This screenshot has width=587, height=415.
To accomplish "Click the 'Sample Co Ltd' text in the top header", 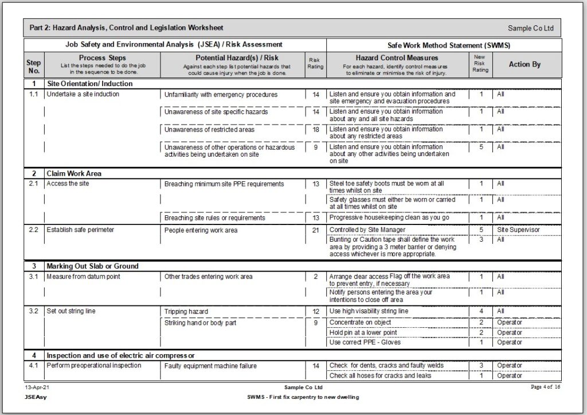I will (530, 29).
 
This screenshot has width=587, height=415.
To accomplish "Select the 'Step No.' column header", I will (34, 65).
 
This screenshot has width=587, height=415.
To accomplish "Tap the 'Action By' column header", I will (524, 64).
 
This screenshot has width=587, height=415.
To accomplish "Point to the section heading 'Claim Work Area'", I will (74, 173).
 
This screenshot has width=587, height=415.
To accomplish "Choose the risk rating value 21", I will (315, 230).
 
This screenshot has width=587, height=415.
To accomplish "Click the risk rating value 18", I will (315, 130).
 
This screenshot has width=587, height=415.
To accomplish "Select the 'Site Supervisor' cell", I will (518, 230).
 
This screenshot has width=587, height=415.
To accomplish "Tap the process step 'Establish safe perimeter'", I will (80, 230).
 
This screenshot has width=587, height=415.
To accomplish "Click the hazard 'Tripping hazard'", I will (186, 312).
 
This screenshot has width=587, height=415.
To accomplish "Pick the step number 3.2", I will (34, 311).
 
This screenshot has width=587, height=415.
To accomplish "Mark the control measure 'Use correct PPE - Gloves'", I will (365, 342).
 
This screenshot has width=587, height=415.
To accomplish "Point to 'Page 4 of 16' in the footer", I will (545, 387).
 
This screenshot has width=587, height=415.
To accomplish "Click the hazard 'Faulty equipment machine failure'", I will (210, 366).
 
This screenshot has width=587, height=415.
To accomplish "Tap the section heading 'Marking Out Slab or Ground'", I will (92, 266).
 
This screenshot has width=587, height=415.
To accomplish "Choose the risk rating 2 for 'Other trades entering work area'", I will (315, 277).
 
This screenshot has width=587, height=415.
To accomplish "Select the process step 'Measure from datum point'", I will (83, 277).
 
